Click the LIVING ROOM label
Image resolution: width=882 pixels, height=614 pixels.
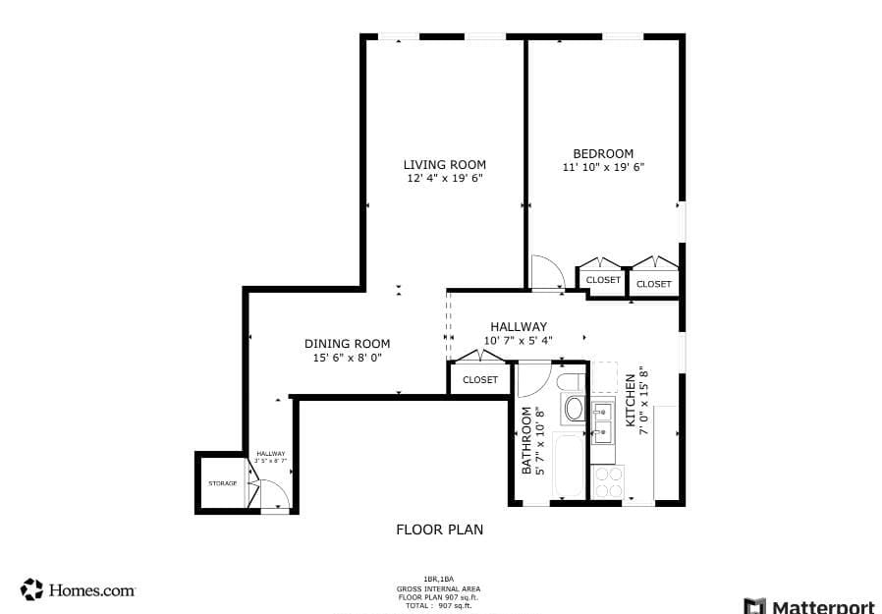pyautogui.click(x=444, y=164)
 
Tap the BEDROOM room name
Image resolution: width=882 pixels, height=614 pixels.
pyautogui.click(x=603, y=153)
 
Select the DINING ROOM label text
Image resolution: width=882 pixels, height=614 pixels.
pyautogui.click(x=347, y=344)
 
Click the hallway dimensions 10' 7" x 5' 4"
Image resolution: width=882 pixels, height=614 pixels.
pyautogui.click(x=519, y=342)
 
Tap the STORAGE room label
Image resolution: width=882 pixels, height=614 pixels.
pyautogui.click(x=222, y=483)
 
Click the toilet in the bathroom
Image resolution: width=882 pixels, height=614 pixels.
pyautogui.click(x=571, y=381)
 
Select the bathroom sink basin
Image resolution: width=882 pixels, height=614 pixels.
pyautogui.click(x=573, y=409)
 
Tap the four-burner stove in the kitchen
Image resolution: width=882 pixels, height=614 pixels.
pyautogui.click(x=610, y=482)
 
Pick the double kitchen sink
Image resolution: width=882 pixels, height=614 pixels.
pyautogui.click(x=603, y=421)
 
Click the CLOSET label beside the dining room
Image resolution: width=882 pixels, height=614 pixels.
pyautogui.click(x=480, y=380)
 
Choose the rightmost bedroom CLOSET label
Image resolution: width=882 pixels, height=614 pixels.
pyautogui.click(x=654, y=284)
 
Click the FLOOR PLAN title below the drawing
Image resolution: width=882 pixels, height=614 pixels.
pyautogui.click(x=439, y=530)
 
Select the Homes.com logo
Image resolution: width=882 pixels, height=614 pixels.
pyautogui.click(x=78, y=589)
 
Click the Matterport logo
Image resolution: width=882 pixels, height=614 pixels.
pyautogui.click(x=810, y=605)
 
